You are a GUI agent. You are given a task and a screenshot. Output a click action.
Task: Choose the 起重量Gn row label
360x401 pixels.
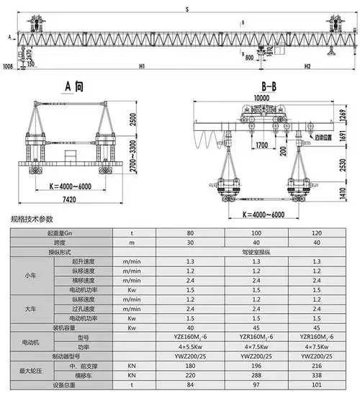(x=62, y=233)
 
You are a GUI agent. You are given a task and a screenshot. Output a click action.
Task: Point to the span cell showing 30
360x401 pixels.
(x=190, y=243)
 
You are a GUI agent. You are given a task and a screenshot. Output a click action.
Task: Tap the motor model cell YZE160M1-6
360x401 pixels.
(x=190, y=337)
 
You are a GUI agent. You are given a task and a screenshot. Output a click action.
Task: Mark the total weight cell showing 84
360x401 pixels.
(x=190, y=385)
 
